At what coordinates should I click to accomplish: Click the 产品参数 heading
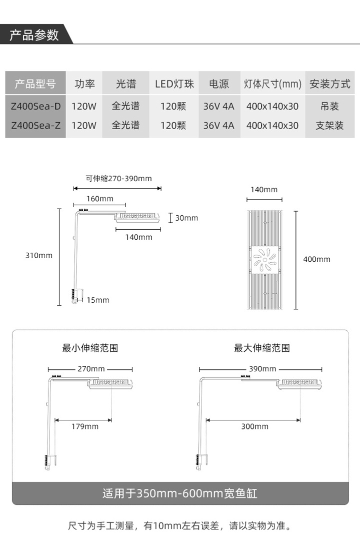coord(34,35)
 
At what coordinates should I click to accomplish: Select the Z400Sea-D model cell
coord(35,106)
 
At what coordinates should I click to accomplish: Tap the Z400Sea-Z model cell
coord(35,126)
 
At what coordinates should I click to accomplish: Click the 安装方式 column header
coord(329,84)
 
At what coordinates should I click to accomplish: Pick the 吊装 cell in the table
coord(329,106)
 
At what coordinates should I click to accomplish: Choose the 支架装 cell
coord(329,126)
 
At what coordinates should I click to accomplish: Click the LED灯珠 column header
coord(174,84)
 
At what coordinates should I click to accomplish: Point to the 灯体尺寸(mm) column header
coord(272,84)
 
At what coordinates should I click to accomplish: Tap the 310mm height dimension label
coord(39,255)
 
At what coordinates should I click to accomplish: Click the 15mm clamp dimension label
coord(98,300)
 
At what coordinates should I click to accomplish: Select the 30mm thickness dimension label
coord(186,218)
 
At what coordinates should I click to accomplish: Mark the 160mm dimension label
coord(100,199)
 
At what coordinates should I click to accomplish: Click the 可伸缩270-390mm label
coord(118,179)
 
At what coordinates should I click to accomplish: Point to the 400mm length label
coord(316,259)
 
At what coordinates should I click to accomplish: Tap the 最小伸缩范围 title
coord(90,348)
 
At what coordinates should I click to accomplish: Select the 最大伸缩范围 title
coord(262,348)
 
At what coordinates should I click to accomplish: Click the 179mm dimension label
coord(84,426)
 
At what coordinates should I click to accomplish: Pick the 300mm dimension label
coord(255,426)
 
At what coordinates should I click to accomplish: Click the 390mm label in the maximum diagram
coord(262,369)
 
